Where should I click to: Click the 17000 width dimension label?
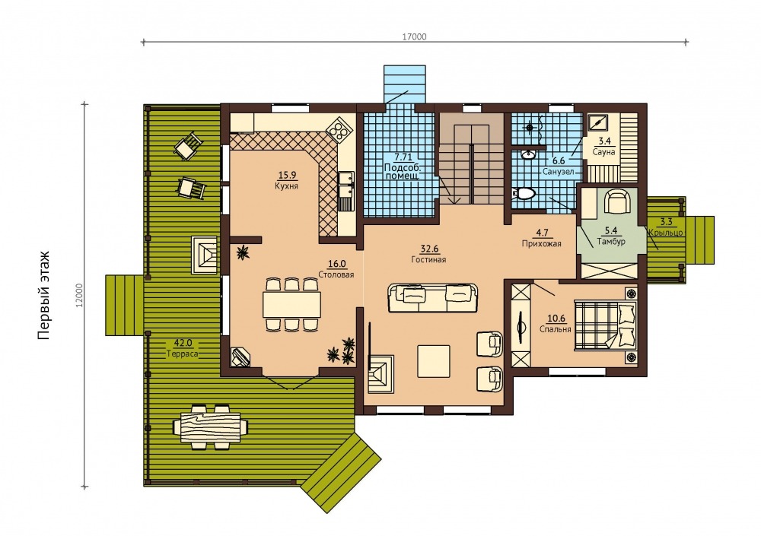[x=414, y=36]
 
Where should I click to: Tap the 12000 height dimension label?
[x=80, y=295]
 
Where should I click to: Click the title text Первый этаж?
[x=43, y=295]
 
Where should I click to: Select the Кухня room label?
[x=286, y=186]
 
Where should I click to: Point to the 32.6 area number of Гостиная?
[x=429, y=249]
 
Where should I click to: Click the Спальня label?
[x=556, y=329]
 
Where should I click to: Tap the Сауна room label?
[x=603, y=152]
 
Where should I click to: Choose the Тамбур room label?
[x=611, y=241]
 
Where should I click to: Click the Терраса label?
[x=183, y=354]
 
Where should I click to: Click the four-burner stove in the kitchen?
[x=338, y=129]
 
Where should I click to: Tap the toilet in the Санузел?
[x=524, y=194]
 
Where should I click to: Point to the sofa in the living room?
[x=432, y=298]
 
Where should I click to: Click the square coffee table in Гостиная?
[x=434, y=360]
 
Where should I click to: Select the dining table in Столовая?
[x=291, y=304]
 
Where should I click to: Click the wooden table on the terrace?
[x=210, y=427]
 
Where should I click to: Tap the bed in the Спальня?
[x=605, y=324]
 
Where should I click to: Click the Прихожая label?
[x=541, y=243]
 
